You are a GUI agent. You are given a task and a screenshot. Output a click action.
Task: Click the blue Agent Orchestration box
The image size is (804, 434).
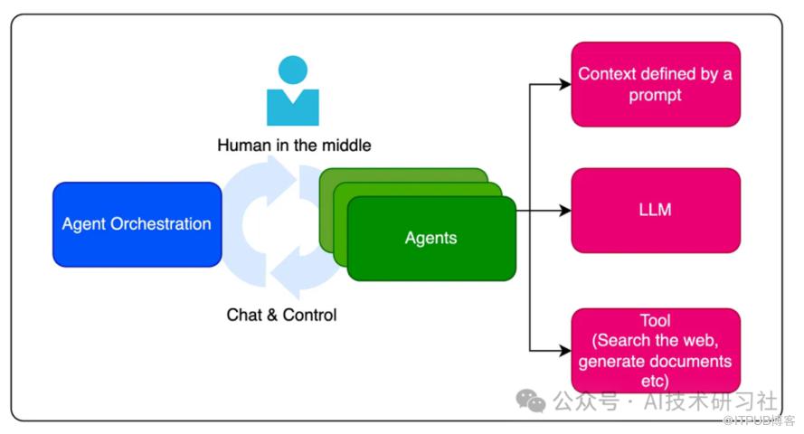137,224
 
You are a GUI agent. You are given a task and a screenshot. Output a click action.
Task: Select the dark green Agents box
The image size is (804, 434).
430,239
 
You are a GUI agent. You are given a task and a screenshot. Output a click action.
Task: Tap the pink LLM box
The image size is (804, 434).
656,210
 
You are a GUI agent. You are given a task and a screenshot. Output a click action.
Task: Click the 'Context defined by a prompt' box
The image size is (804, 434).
656,84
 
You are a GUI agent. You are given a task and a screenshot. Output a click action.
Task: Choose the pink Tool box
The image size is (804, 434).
656,351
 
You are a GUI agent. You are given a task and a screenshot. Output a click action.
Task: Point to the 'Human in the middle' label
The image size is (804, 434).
294,145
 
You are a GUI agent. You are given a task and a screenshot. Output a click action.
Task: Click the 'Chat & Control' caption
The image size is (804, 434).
281,315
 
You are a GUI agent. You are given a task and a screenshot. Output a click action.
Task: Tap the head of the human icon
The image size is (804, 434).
293,70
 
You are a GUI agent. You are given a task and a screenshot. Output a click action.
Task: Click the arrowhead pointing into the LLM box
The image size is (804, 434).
565,211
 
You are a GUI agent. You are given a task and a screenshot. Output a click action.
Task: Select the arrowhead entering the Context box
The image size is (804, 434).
565,85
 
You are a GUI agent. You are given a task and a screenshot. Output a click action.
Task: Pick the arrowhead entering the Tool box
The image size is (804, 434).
565,350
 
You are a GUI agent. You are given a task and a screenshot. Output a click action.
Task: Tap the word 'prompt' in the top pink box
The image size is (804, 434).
656,95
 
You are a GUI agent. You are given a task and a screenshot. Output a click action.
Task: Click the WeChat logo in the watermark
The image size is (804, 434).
531,401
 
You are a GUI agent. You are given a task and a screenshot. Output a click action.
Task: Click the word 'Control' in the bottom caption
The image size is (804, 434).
309,315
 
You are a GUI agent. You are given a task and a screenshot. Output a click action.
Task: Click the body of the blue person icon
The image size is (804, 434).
293,108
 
